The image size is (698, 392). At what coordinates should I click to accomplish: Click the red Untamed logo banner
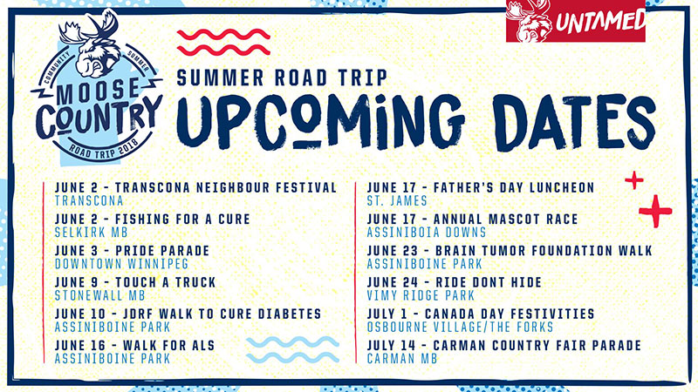coord(575,21)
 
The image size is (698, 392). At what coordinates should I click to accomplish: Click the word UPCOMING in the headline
coord(320,121)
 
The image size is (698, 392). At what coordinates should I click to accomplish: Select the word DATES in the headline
coord(574,122)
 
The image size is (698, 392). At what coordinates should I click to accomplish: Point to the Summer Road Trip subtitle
coord(282,78)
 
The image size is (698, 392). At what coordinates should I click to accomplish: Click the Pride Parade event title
coord(133,251)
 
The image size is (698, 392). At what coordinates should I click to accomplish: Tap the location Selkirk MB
coord(92,232)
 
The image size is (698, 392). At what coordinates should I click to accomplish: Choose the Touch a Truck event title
coord(135,282)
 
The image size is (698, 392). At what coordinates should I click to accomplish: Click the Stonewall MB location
coord(100,295)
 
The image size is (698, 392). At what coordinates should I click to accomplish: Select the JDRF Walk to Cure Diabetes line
coord(188,314)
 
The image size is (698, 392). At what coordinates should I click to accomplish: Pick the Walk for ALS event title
coord(135,345)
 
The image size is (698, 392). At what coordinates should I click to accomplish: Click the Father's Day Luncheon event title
coord(481,187)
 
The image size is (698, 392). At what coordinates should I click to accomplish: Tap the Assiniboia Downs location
coord(427,232)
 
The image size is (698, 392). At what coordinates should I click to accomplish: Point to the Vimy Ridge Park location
coord(421,295)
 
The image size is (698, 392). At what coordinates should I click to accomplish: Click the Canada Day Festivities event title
coord(481,314)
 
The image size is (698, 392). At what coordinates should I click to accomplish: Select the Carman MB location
coord(402,359)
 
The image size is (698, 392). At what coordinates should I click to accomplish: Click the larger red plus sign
coord(655,211)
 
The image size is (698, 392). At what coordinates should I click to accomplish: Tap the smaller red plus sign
coord(634,180)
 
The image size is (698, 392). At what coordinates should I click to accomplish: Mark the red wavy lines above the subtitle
coord(223,42)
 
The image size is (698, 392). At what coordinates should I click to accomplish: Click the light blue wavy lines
coord(292,350)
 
